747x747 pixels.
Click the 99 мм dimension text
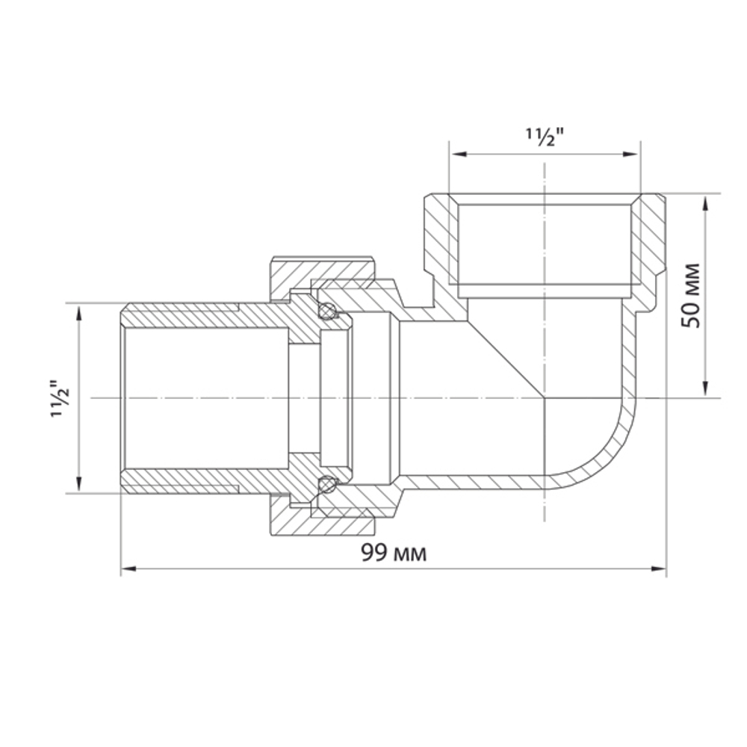click(394, 554)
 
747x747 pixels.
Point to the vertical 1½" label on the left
click(61, 398)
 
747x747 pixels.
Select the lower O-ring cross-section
click(326, 486)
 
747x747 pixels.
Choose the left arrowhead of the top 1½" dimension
click(456, 155)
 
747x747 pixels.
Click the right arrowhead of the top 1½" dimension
click(633, 155)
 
